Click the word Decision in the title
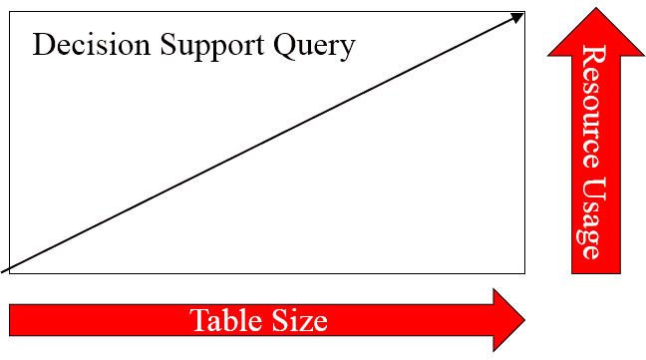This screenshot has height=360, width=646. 92,45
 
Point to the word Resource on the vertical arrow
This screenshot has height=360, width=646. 594,107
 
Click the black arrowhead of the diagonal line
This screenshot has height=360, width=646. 517,17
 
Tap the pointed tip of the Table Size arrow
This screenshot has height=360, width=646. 524,320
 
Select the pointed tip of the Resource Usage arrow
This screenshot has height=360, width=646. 596,8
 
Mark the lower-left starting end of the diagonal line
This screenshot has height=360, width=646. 2,272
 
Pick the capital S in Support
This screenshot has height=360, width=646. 168,45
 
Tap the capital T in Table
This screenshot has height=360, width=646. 199,320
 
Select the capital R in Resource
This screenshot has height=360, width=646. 594,56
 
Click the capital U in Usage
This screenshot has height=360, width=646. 594,188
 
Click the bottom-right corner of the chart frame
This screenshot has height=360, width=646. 524,273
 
